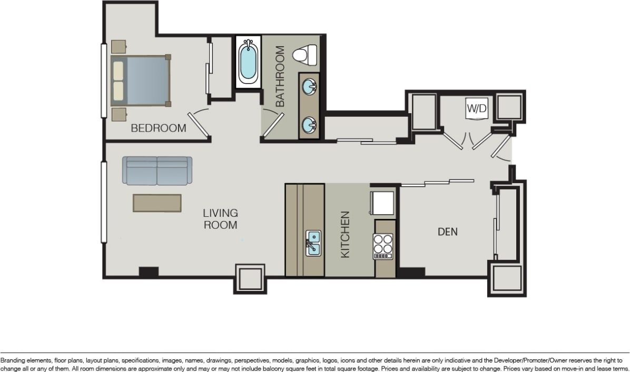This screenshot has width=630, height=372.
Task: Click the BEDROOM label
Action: pyautogui.click(x=158, y=128)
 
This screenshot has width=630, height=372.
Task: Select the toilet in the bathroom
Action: pyautogui.click(x=305, y=54)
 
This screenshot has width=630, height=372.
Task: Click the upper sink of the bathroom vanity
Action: pyautogui.click(x=309, y=85)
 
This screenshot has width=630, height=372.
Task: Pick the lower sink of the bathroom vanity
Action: pyautogui.click(x=309, y=125)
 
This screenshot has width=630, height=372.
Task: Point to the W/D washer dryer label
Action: pyautogui.click(x=476, y=109)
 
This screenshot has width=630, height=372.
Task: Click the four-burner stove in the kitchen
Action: pyautogui.click(x=383, y=245)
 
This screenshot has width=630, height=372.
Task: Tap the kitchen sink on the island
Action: pyautogui.click(x=313, y=244)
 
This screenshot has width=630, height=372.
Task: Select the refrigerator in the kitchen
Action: pyautogui.click(x=382, y=203)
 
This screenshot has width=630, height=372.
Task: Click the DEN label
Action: pyautogui.click(x=447, y=232)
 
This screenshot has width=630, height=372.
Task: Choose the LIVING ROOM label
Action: pyautogui.click(x=220, y=219)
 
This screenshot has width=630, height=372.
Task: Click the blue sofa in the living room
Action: pyautogui.click(x=157, y=170)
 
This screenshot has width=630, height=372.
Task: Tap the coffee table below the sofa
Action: pyautogui.click(x=157, y=203)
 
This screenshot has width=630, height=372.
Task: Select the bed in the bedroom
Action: pyautogui.click(x=141, y=81)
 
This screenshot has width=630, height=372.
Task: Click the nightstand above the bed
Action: pyautogui.click(x=119, y=46)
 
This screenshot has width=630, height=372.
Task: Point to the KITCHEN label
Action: pyautogui.click(x=345, y=234)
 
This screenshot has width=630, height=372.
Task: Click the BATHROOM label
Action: pyautogui.click(x=279, y=76)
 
